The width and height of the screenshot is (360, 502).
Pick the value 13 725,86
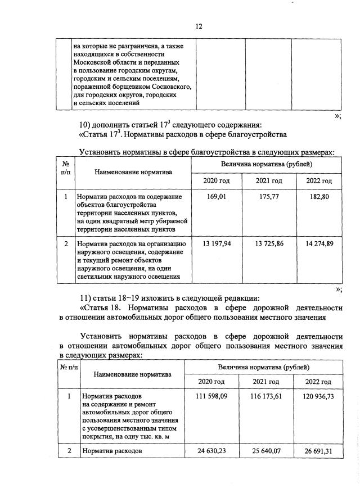(x=267, y=243)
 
